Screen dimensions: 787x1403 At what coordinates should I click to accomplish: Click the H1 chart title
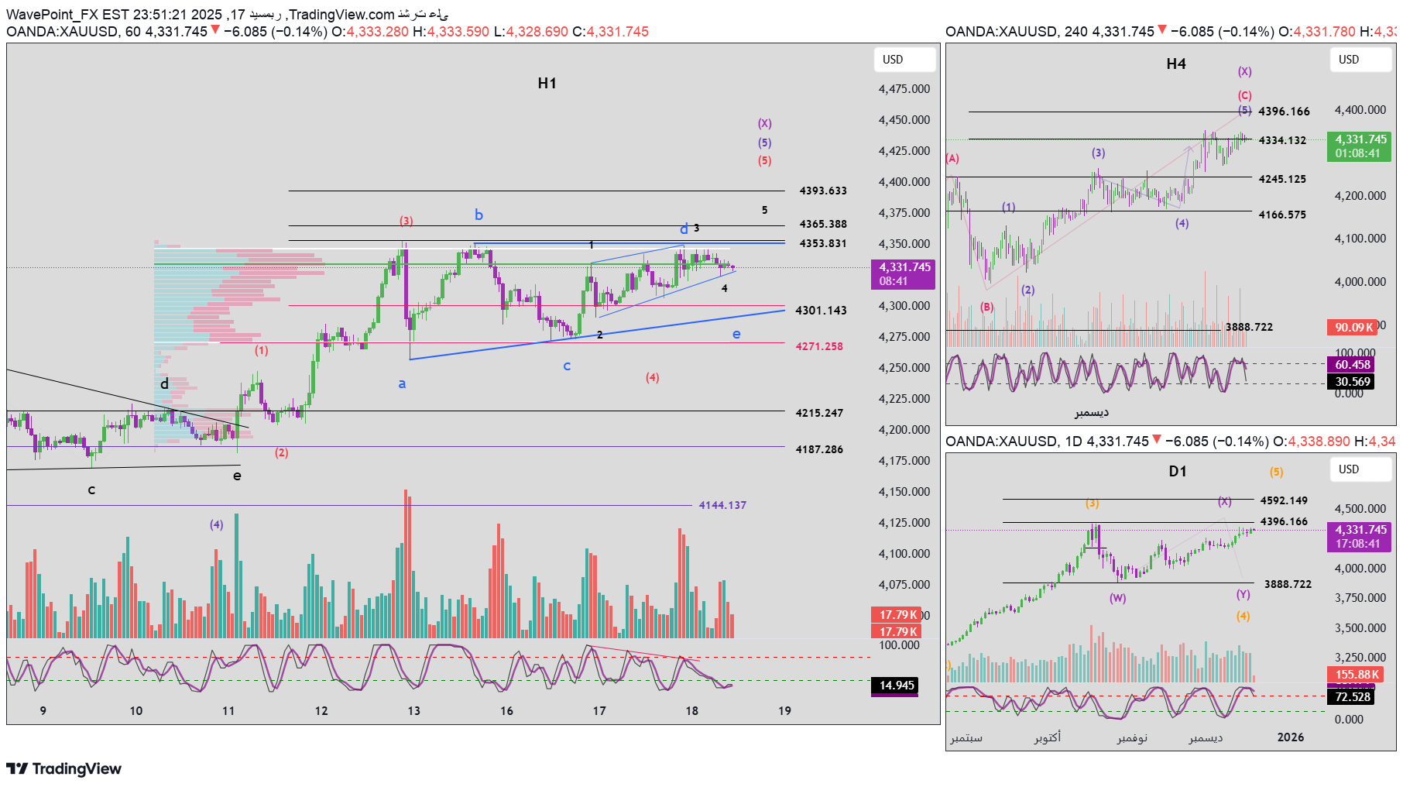click(547, 83)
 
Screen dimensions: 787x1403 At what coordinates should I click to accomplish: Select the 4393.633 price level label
click(822, 191)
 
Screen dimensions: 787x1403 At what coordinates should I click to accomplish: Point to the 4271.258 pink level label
click(818, 346)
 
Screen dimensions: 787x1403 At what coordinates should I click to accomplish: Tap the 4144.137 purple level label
click(722, 505)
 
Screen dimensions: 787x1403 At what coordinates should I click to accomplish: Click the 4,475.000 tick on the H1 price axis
click(904, 89)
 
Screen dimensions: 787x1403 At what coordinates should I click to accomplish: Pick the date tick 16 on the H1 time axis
click(506, 710)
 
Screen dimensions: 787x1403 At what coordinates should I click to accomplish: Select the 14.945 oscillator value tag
click(896, 685)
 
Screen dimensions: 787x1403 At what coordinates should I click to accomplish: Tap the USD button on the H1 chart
click(893, 60)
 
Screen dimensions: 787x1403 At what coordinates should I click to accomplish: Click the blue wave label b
click(479, 215)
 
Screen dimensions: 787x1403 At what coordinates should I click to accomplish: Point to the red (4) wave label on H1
click(652, 377)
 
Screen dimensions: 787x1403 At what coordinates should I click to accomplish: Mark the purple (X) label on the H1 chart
click(764, 123)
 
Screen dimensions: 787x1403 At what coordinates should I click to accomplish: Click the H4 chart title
click(1175, 64)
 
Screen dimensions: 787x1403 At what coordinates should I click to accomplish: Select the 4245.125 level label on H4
click(1281, 179)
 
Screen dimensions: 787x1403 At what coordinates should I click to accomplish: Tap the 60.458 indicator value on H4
click(1352, 364)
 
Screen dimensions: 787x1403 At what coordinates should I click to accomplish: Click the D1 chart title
click(1177, 471)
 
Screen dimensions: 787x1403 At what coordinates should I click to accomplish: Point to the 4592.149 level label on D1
click(1283, 500)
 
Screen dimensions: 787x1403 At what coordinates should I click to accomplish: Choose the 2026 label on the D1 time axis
click(1290, 737)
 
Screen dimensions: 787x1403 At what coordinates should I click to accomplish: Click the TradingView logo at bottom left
click(64, 768)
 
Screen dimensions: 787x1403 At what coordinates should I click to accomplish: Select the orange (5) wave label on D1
click(1276, 472)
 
